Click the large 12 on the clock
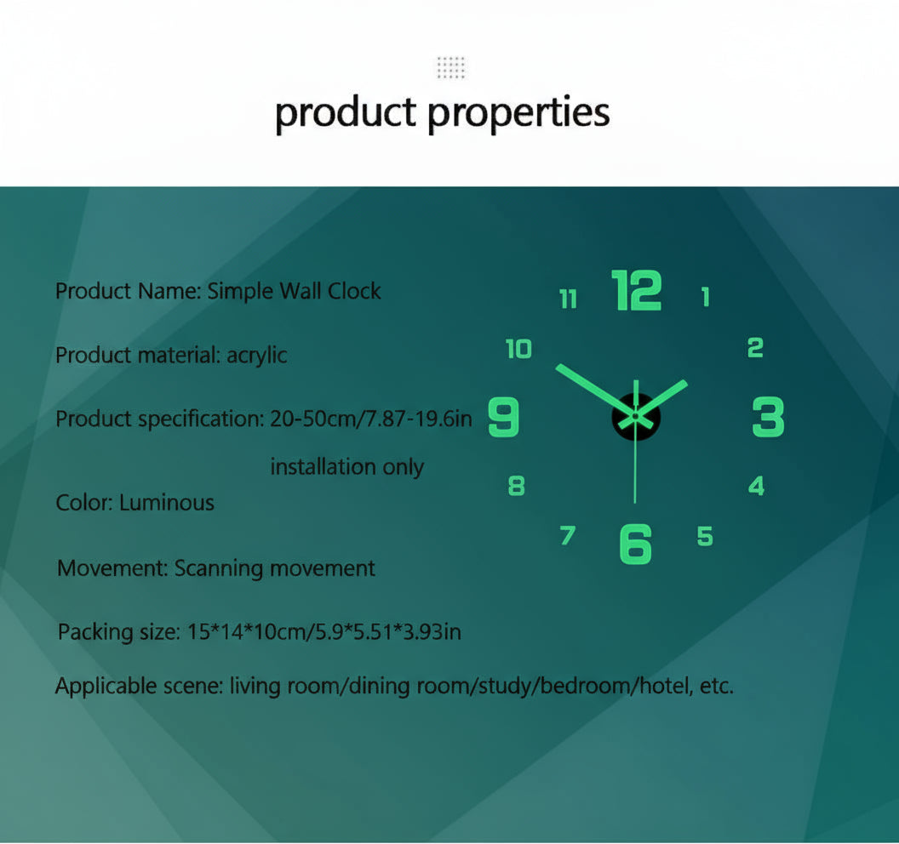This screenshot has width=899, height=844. [x=637, y=291]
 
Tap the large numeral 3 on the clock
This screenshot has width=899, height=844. [x=768, y=418]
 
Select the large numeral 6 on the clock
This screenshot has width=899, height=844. [x=635, y=543]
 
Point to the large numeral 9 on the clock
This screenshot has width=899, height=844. [x=503, y=418]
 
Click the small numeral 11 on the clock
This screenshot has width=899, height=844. [x=568, y=299]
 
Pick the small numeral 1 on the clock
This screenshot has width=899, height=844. [x=705, y=297]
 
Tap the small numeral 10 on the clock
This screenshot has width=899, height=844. [x=518, y=349]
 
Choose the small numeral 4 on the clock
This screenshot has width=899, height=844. [x=756, y=486]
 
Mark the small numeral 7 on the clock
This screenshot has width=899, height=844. [x=568, y=536]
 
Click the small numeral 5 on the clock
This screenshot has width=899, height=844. [x=705, y=536]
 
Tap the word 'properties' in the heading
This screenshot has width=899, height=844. [x=519, y=113]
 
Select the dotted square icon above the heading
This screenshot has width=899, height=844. [x=450, y=67]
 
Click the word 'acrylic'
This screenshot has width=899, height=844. [x=256, y=355]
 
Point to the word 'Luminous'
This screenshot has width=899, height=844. [x=167, y=503]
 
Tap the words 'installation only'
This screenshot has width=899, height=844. [x=346, y=467]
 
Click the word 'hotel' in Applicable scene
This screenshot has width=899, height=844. [x=664, y=686]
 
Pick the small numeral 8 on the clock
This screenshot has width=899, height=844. [x=517, y=486]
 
